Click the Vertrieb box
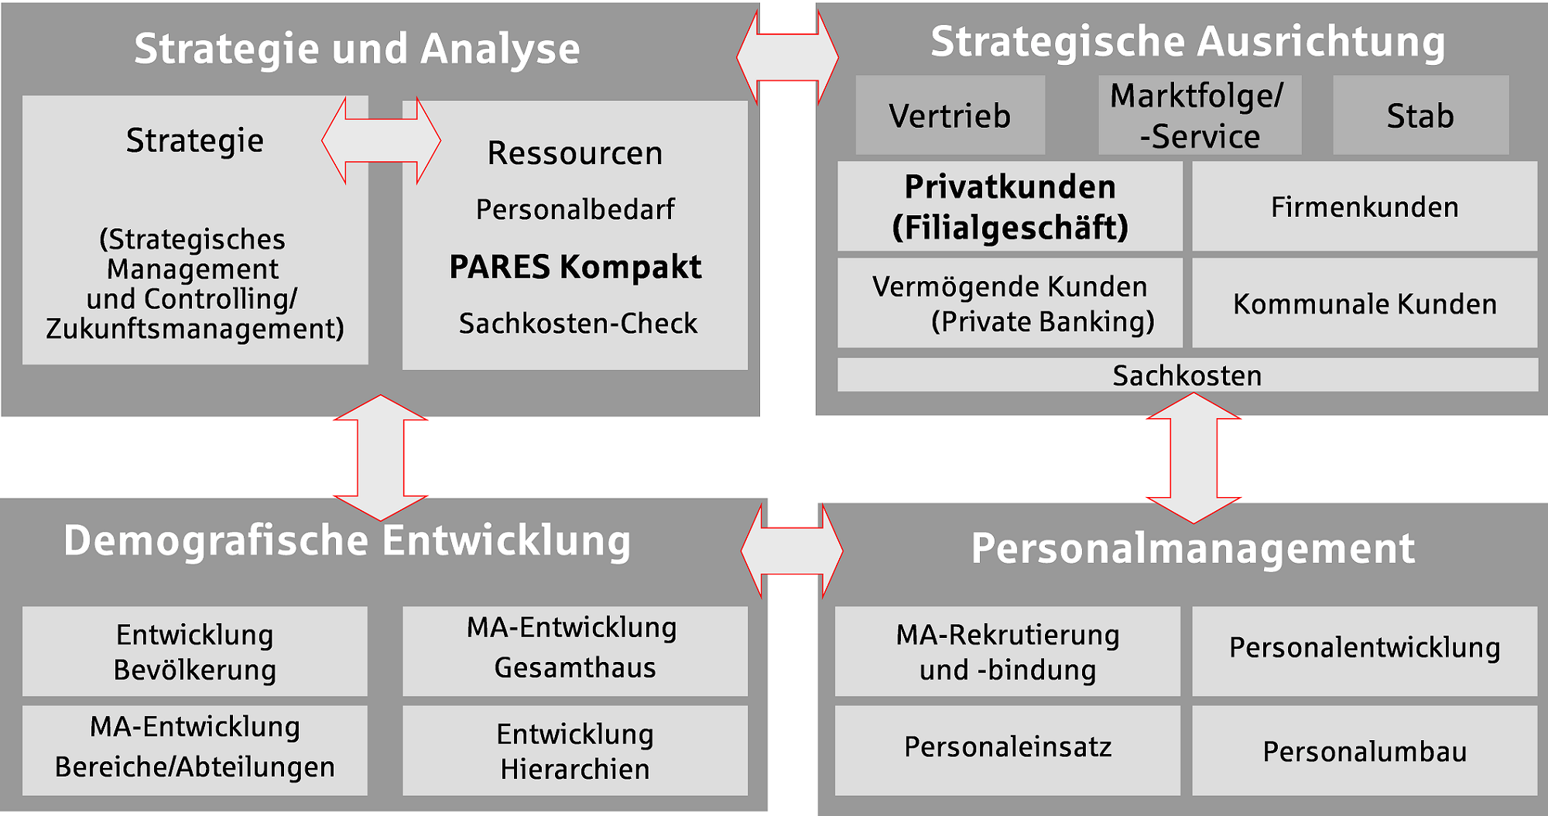[950, 115]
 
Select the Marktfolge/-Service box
[1200, 115]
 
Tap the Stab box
[1420, 115]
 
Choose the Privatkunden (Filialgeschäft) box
[1010, 206]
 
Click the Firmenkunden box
[1365, 206]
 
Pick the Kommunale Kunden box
[1365, 303]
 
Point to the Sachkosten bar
[1187, 375]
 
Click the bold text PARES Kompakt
[575, 267]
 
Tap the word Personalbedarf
[575, 209]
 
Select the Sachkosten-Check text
[577, 323]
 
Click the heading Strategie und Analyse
[357, 49]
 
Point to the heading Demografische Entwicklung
[348, 540]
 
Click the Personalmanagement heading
[1193, 548]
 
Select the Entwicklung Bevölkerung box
[195, 651]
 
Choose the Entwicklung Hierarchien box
[575, 750]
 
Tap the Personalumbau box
[1365, 750]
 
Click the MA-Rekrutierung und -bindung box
[1008, 651]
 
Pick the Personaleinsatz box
[1008, 750]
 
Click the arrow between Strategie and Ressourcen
[382, 140]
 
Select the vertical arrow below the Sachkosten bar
[1194, 458]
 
